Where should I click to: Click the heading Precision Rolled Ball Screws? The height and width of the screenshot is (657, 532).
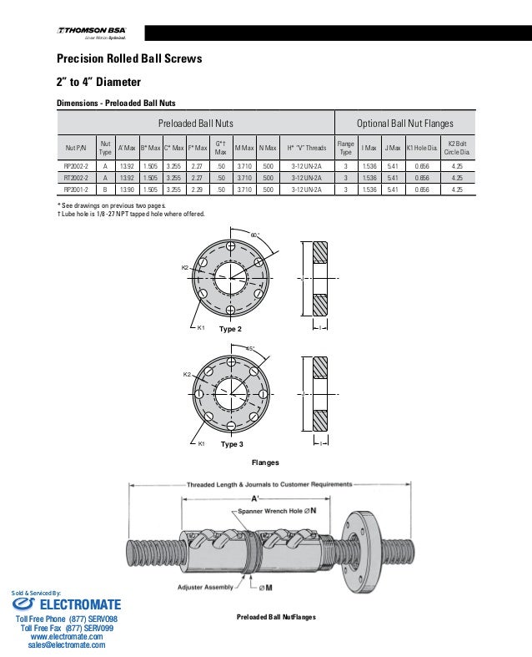point(128,60)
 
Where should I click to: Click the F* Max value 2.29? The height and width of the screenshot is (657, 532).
point(197,190)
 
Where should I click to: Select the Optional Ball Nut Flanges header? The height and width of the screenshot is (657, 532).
point(404,124)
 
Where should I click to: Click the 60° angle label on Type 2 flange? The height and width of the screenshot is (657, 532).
point(255,236)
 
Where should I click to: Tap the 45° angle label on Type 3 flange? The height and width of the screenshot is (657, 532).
point(249,347)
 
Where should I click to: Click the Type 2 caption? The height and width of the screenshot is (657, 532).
point(230,330)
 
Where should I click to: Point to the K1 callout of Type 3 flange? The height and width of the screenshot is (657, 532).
point(202,442)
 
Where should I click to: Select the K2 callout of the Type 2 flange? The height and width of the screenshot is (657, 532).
point(185,267)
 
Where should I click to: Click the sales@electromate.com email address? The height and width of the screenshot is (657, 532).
point(67,645)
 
